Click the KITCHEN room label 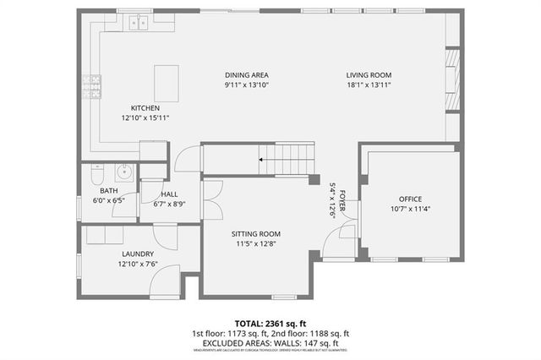click(x=145, y=107)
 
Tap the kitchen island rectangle click(x=166, y=83)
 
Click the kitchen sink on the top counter click(x=139, y=24)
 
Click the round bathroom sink click(x=124, y=172)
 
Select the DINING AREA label click(x=247, y=74)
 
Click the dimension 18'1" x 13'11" click(x=369, y=85)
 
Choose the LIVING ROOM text click(x=369, y=74)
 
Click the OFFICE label click(x=410, y=199)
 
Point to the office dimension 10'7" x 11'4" click(x=410, y=209)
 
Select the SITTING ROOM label click(x=256, y=234)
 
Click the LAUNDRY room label click(x=137, y=254)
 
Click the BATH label click(x=108, y=190)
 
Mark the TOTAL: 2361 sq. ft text click(x=270, y=323)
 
